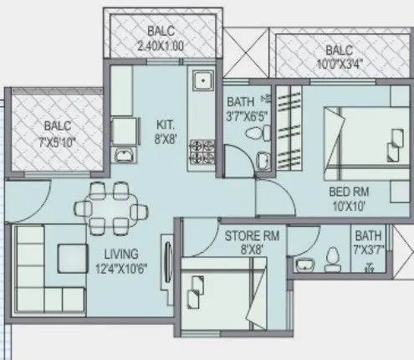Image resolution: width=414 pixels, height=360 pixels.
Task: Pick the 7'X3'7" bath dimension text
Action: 368,249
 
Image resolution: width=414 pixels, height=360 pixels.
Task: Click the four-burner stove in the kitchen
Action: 201,151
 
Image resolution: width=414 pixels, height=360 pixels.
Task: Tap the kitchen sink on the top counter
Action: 202,81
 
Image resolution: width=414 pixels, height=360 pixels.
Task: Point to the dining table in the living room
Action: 110,205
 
